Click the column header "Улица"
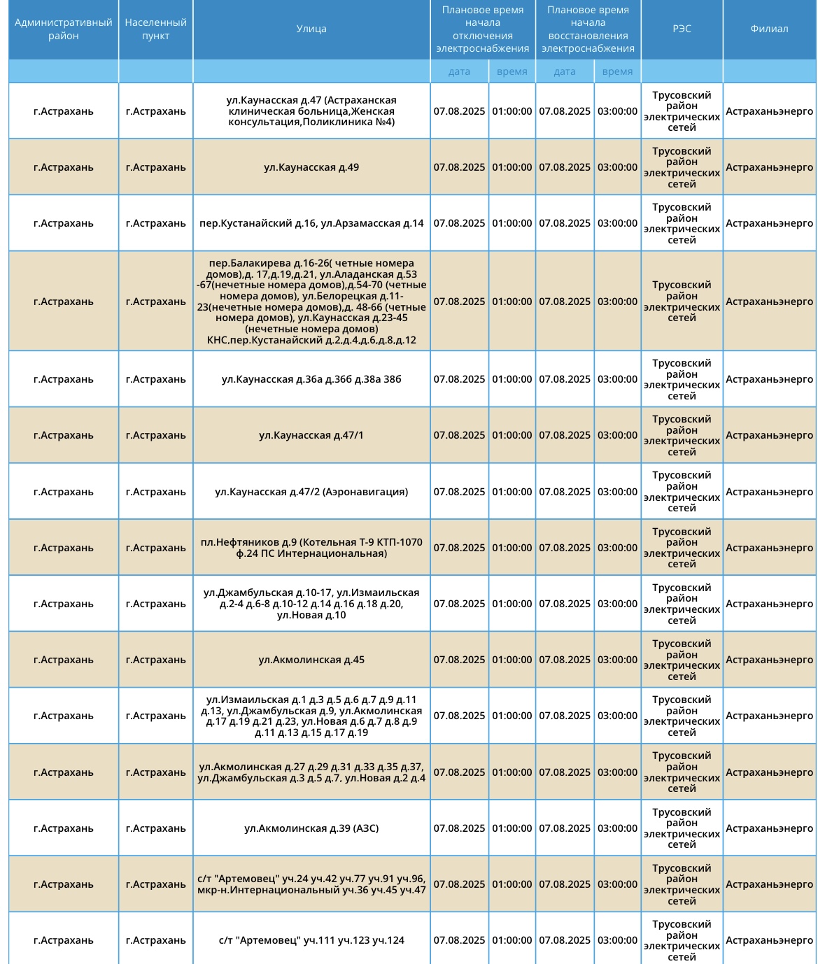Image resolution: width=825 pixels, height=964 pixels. pyautogui.click(x=311, y=29)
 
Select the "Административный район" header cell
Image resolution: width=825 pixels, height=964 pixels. pyautogui.click(x=64, y=29)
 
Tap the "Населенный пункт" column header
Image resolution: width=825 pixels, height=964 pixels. pyautogui.click(x=155, y=29)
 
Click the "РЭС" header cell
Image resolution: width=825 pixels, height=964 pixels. pyautogui.click(x=682, y=29)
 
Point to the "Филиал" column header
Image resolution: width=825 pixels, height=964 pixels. pyautogui.click(x=769, y=29)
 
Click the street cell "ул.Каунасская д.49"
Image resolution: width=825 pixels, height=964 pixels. pyautogui.click(x=311, y=167)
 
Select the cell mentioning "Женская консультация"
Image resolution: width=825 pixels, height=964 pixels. pyautogui.click(x=311, y=111)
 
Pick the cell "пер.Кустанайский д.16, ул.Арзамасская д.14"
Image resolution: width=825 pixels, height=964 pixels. pyautogui.click(x=311, y=223)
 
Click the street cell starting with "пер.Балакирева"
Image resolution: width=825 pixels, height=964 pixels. pyautogui.click(x=311, y=302)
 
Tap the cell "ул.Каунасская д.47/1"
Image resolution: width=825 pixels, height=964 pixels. pyautogui.click(x=311, y=435)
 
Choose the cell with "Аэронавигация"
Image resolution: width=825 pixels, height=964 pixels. pyautogui.click(x=311, y=492)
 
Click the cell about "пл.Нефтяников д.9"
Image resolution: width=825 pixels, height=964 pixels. pyautogui.click(x=311, y=548)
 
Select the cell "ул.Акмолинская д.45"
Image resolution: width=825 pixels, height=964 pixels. pyautogui.click(x=311, y=660)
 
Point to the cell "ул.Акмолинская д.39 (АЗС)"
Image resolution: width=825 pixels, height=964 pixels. pyautogui.click(x=311, y=828)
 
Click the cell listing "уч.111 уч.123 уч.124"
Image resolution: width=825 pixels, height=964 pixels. pyautogui.click(x=311, y=940)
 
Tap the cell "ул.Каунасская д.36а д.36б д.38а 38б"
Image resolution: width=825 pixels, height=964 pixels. pyautogui.click(x=311, y=379)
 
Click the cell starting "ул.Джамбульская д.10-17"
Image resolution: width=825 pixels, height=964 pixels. pyautogui.click(x=311, y=604)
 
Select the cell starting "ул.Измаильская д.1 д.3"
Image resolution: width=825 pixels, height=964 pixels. pyautogui.click(x=311, y=716)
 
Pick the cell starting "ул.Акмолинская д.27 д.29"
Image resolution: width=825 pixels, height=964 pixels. pyautogui.click(x=311, y=772)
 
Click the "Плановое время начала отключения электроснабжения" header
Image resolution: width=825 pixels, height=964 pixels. pyautogui.click(x=483, y=29)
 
